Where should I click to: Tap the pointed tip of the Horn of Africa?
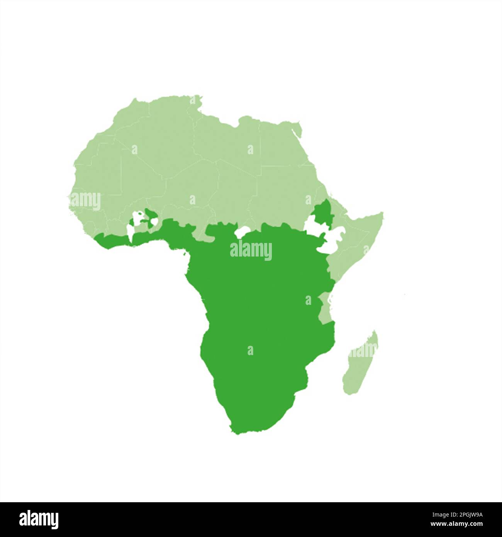pos(383,213)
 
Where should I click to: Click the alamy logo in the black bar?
pos(39,519)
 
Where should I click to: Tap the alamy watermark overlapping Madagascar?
pos(362,350)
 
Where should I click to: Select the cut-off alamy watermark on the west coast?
pos(85,201)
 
